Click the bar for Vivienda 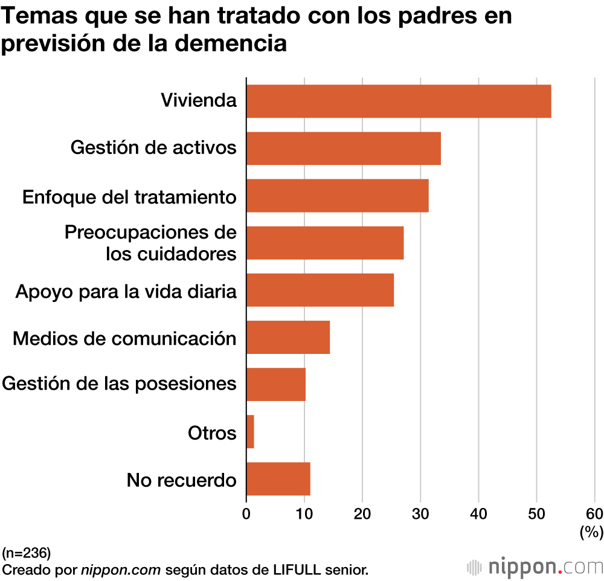pyautogui.click(x=399, y=101)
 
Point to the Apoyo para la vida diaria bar pyautogui.click(x=320, y=290)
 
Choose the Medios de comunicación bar pyautogui.click(x=288, y=337)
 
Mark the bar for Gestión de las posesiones pyautogui.click(x=276, y=384)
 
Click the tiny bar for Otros pyautogui.click(x=250, y=431)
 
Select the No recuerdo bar pyautogui.click(x=278, y=478)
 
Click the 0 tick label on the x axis pyautogui.click(x=246, y=514)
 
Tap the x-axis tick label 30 pyautogui.click(x=420, y=514)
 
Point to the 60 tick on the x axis pyautogui.click(x=594, y=514)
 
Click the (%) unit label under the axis pyautogui.click(x=592, y=531)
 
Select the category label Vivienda pyautogui.click(x=199, y=100)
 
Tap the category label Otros pyautogui.click(x=212, y=432)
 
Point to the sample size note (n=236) pyautogui.click(x=27, y=553)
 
